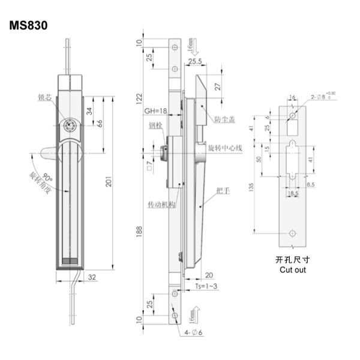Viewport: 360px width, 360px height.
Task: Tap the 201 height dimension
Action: tap(109, 182)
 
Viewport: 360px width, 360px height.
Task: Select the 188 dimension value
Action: tap(139, 238)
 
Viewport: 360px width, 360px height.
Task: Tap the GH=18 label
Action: tap(154, 111)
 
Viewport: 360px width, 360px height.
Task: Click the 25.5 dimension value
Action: tap(194, 61)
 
